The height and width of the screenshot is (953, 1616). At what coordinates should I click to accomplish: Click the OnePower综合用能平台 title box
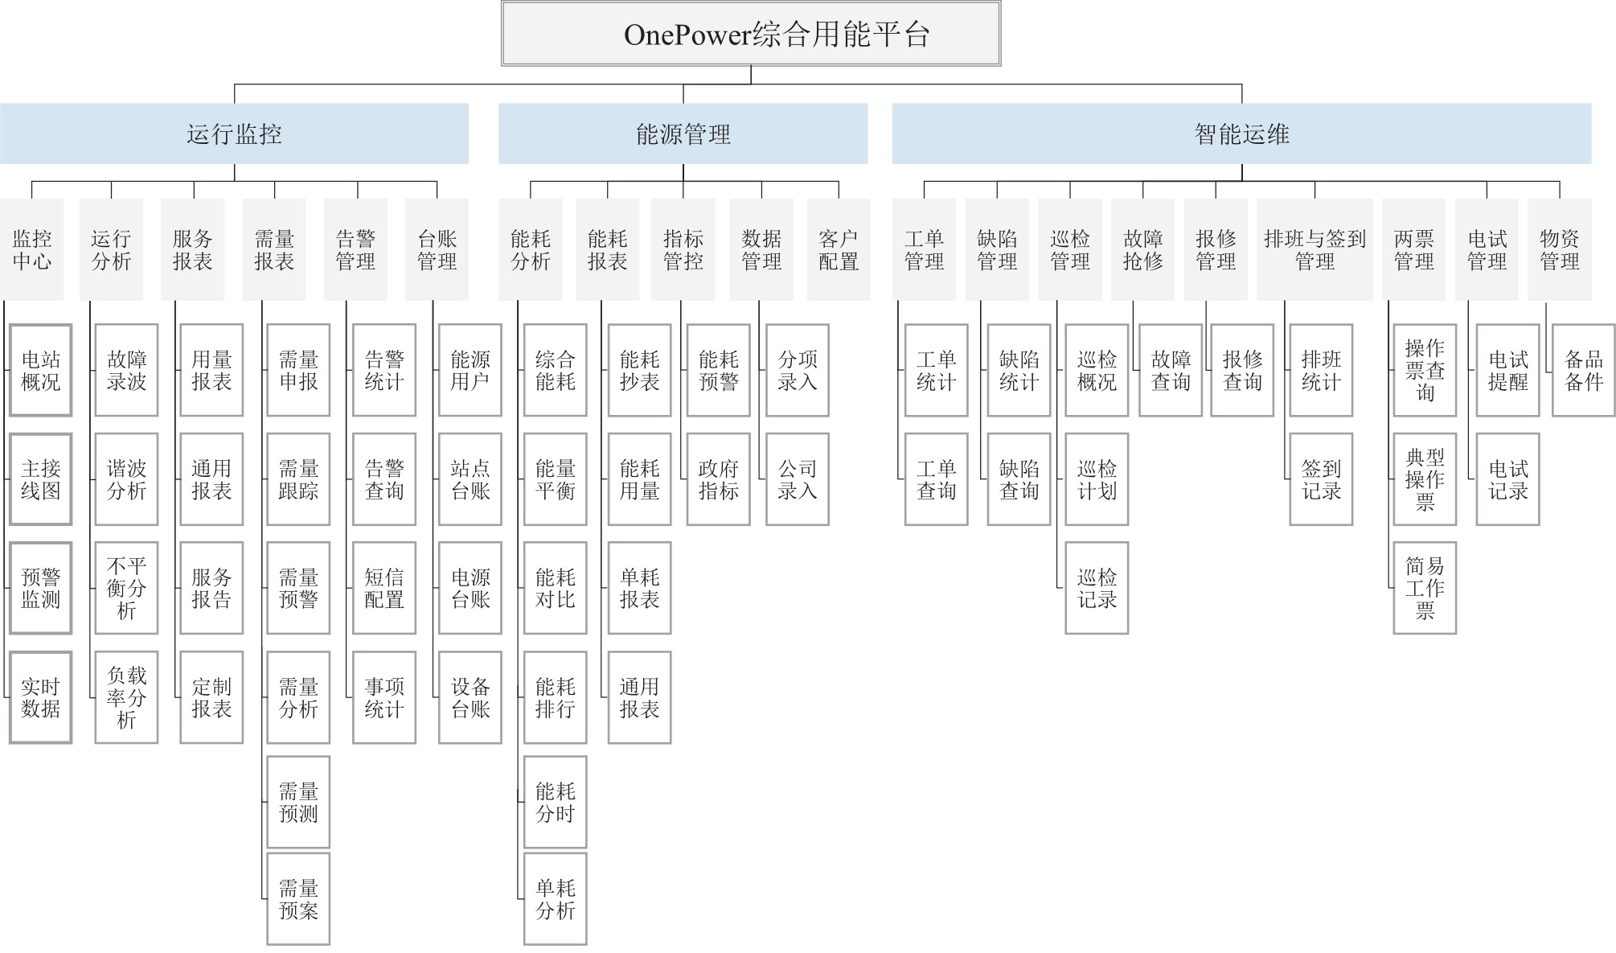[751, 34]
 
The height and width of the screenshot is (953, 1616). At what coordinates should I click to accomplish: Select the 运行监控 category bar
[234, 134]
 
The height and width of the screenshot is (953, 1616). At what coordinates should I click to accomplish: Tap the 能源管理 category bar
[683, 134]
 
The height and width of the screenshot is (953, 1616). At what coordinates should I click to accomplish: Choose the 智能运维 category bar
[1241, 134]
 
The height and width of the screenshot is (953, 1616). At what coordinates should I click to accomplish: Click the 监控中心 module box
[32, 249]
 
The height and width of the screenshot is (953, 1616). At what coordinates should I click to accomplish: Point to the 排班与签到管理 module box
[1315, 249]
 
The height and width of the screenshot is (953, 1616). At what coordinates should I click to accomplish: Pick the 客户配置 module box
[839, 249]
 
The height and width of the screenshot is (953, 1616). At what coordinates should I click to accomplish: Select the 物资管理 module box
[1559, 249]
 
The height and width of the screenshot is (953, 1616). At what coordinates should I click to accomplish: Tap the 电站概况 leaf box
[41, 370]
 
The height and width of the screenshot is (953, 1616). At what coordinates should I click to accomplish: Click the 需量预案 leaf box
[298, 898]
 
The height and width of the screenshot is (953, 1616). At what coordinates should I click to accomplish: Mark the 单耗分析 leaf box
[555, 898]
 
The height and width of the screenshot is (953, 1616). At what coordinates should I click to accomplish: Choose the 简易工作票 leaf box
[1425, 588]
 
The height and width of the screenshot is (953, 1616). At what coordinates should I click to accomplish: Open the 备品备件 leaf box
[1583, 370]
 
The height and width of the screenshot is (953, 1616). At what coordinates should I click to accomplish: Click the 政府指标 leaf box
[718, 479]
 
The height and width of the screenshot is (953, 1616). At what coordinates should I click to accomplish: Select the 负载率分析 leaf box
[126, 697]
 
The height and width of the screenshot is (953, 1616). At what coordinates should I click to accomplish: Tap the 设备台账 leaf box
[470, 697]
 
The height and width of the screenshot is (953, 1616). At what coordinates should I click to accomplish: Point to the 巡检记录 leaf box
[1097, 588]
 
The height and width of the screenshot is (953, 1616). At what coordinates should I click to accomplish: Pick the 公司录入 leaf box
[798, 479]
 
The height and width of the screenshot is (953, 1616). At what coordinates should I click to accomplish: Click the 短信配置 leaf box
[384, 588]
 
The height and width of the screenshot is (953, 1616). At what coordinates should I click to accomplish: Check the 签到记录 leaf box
[1321, 479]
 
